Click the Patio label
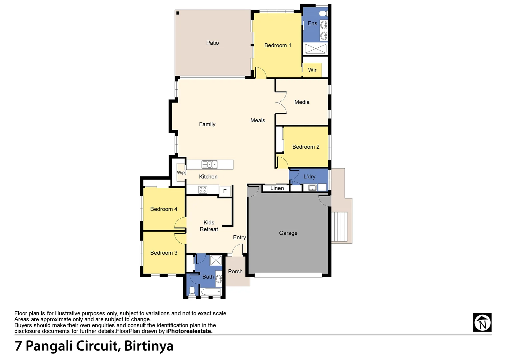coord(212,43)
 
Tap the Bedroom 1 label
coord(277,45)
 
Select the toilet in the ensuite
coord(322,14)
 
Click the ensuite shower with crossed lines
coord(315,48)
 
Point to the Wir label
coord(312,70)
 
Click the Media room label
coord(302,102)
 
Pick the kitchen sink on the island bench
coord(210,164)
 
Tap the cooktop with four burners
coord(203,190)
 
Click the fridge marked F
coord(225,191)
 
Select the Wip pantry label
coord(181,172)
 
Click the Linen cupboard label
coord(277,188)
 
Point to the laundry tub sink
coord(312,188)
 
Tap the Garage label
coord(288,233)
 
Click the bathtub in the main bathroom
coord(211,292)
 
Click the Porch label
coord(235,271)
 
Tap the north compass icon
coord(482,322)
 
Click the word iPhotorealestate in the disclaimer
coord(189,331)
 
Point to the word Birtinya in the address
coord(149,346)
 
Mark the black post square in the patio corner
coord(178,13)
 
